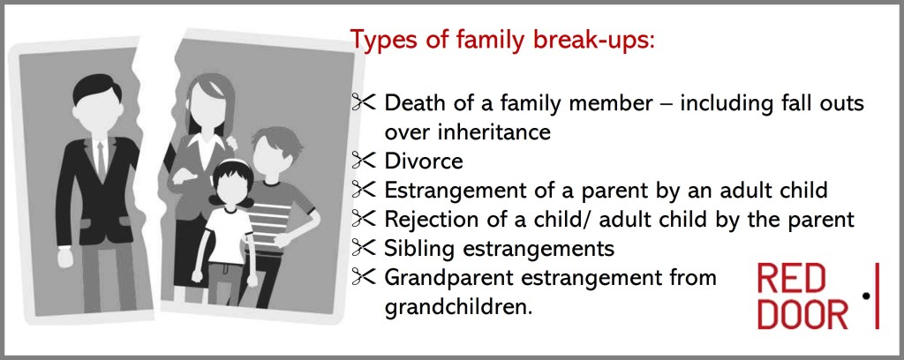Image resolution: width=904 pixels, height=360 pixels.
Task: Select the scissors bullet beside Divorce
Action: click(x=364, y=160)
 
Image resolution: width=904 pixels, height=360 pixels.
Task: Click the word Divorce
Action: click(x=424, y=161)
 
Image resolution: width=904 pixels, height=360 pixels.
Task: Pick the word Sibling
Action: click(x=421, y=248)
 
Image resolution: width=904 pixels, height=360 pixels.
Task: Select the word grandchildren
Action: click(x=456, y=306)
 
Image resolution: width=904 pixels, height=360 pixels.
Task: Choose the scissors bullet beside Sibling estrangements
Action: click(x=364, y=248)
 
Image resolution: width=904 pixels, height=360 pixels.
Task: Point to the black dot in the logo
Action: click(x=865, y=296)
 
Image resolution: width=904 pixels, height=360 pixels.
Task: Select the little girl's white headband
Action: click(x=232, y=164)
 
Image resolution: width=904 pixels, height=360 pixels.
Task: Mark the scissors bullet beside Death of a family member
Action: click(x=364, y=102)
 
